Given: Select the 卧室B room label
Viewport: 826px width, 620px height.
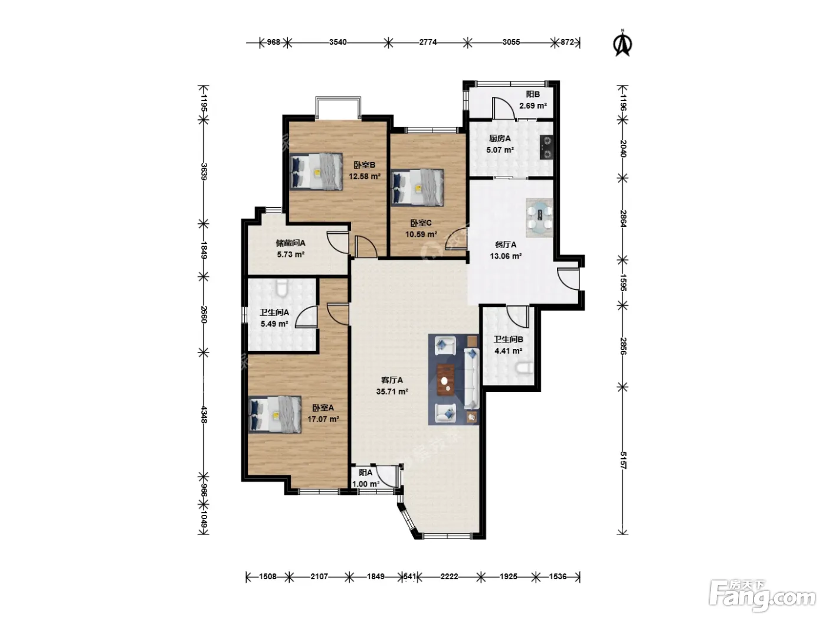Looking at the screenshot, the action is point(364,165).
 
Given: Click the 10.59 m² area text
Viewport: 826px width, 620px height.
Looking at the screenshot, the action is point(421,234).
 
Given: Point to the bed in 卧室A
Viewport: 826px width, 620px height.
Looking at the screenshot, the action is point(275,415).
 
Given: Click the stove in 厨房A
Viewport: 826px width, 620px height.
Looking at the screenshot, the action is point(546,147).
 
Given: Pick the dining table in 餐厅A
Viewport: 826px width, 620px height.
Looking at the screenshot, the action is point(540,217).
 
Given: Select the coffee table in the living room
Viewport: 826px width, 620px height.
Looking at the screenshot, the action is point(445,380).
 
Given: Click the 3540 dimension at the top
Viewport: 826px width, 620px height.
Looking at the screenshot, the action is point(338,42).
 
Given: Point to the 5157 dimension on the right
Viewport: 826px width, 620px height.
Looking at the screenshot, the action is point(623,459).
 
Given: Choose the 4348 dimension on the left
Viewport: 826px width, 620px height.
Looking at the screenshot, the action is point(204,414).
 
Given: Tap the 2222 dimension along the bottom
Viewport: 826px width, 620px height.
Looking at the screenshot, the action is point(450,577).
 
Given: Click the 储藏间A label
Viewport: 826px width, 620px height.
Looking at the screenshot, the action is point(290,243).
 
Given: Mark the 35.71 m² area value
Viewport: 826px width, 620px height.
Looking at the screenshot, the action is point(392,391).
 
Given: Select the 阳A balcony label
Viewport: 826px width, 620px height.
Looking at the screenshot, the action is point(365,472).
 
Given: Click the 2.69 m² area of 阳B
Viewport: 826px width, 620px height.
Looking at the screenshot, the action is point(533,106).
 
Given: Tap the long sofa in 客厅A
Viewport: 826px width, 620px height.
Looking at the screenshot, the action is point(471,378).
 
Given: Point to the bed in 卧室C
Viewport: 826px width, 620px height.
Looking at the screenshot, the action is point(417,188).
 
